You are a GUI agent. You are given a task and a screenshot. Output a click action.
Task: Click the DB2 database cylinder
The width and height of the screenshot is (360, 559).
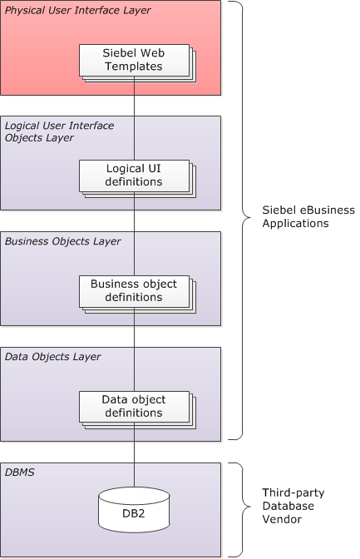click(134, 510)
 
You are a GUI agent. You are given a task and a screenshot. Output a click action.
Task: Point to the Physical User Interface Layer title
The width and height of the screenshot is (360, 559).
click(77, 10)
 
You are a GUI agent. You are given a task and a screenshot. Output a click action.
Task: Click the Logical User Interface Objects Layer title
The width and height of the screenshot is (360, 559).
click(59, 131)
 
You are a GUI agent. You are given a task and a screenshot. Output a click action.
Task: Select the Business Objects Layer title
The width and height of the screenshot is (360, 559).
click(62, 241)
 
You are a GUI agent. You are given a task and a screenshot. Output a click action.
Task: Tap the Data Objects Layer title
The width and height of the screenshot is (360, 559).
click(52, 357)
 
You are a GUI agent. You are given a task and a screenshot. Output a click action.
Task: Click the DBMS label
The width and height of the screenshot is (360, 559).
click(20, 472)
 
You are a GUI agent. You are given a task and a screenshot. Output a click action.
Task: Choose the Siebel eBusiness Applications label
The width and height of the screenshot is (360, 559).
click(308, 216)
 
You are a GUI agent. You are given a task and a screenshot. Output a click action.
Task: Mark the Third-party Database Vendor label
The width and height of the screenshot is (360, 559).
click(293, 506)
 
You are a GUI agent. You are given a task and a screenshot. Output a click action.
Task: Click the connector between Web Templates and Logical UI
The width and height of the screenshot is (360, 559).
click(135, 118)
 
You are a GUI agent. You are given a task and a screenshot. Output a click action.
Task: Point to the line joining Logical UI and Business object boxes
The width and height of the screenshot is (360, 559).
click(135, 234)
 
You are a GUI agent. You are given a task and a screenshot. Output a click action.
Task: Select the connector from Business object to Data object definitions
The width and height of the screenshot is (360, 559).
click(135, 349)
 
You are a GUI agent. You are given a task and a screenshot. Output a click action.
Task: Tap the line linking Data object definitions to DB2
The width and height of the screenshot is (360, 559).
click(135, 455)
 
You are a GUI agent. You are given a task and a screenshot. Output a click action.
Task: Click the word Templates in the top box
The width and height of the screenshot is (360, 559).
click(134, 67)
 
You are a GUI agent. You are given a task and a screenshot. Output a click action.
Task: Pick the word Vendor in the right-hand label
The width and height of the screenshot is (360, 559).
click(282, 519)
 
